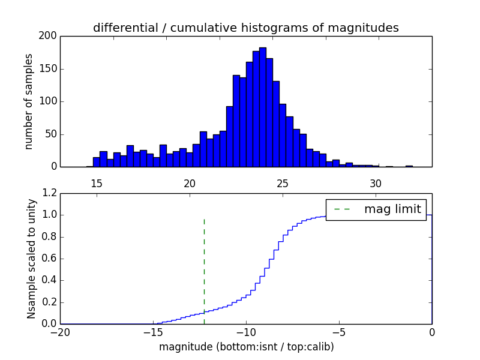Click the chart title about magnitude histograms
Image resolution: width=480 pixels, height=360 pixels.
pyautogui.click(x=245, y=28)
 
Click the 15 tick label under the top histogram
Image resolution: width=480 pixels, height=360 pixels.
pyautogui.click(x=97, y=184)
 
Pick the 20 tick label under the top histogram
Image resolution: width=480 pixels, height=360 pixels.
pyautogui.click(x=190, y=184)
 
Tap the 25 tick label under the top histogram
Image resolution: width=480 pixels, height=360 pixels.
pyautogui.click(x=283, y=184)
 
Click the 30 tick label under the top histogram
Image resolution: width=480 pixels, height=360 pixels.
pyautogui.click(x=376, y=184)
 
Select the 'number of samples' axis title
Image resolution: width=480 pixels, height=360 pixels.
pyautogui.click(x=29, y=101)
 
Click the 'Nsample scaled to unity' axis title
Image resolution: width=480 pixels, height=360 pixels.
pyautogui.click(x=31, y=259)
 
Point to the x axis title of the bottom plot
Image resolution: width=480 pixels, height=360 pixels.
pyautogui.click(x=246, y=347)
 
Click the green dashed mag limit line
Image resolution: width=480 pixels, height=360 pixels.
pyautogui.click(x=204, y=264)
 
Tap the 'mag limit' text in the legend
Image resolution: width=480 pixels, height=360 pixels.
pyautogui.click(x=392, y=209)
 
